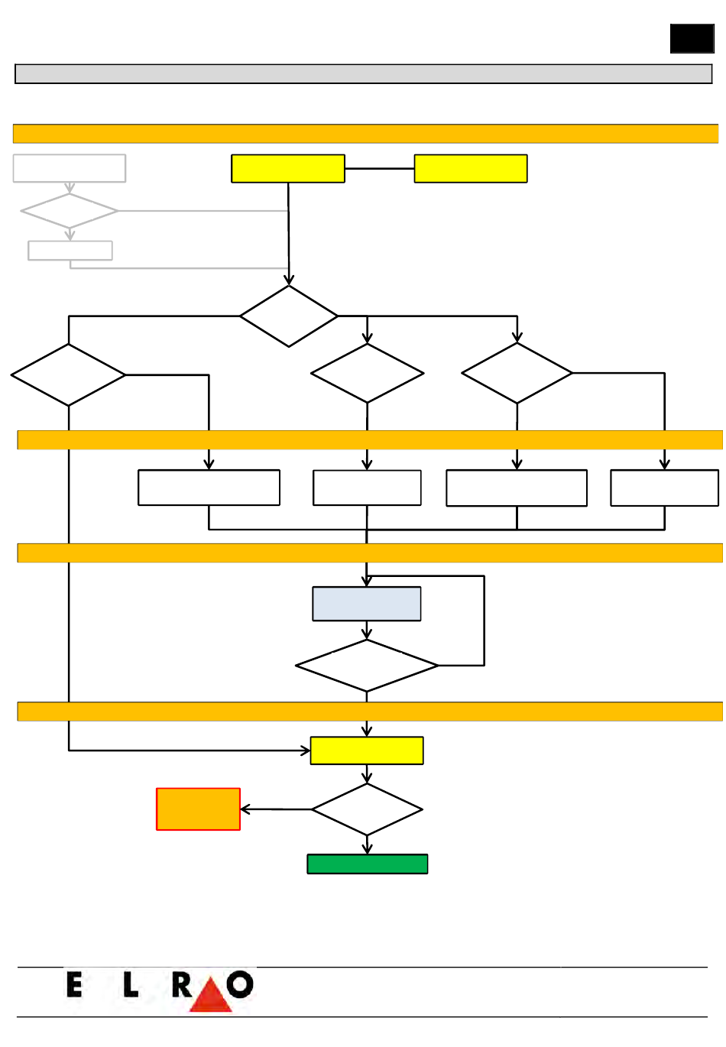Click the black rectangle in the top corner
[x=692, y=38]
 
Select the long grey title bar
[x=363, y=74]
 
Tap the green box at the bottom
[x=367, y=864]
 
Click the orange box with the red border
[x=198, y=809]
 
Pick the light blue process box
[x=367, y=604]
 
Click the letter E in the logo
[x=74, y=984]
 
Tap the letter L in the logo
[x=131, y=984]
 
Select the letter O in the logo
[x=240, y=984]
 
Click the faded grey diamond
[x=70, y=211]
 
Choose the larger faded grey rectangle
[x=70, y=168]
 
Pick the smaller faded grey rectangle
[x=70, y=251]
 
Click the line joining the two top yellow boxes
[x=379, y=168]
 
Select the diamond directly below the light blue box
[x=367, y=665]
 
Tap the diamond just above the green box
[x=367, y=809]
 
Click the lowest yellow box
[x=367, y=750]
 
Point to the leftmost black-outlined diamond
[x=68, y=375]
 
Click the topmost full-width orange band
[x=365, y=134]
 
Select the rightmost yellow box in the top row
[x=471, y=168]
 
